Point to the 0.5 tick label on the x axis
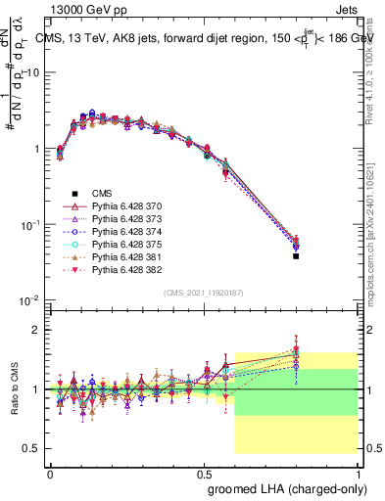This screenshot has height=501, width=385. pyautogui.click(x=204, y=473)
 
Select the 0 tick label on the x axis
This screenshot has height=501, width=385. pyautogui.click(x=50, y=473)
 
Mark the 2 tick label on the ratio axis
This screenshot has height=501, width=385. pyautogui.click(x=36, y=330)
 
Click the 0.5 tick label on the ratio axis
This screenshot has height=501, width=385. pyautogui.click(x=32, y=448)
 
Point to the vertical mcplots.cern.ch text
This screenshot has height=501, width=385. pyautogui.click(x=377, y=245)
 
